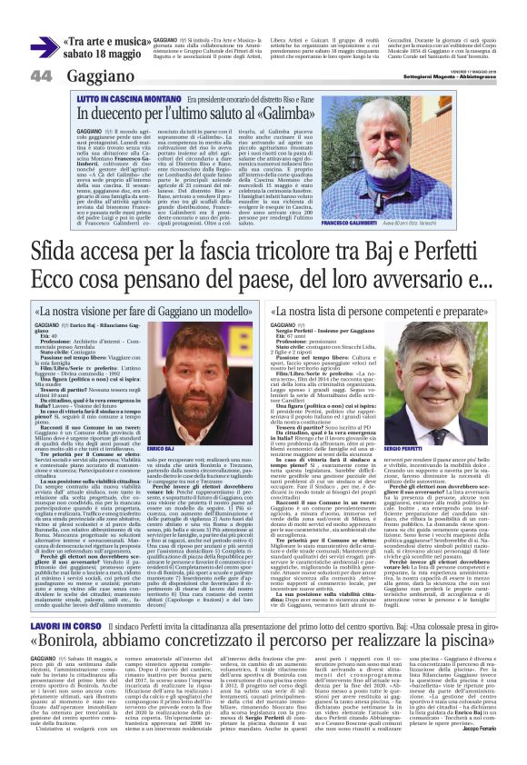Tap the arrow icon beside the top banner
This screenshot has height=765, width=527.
tap(42, 46)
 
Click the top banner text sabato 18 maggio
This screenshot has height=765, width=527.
tap(103, 54)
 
